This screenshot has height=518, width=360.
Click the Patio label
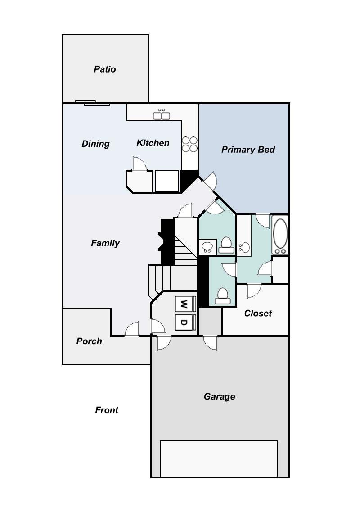(105, 69)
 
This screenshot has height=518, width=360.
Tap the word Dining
(95, 144)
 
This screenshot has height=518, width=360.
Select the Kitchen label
(153, 143)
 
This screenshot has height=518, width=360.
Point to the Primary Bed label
(248, 150)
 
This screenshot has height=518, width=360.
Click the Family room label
(105, 243)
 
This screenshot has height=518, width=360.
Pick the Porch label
(89, 341)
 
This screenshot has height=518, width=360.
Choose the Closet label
(258, 313)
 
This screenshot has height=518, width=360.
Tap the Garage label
(220, 396)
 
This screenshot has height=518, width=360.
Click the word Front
(107, 410)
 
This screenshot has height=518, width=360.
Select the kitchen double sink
(162, 115)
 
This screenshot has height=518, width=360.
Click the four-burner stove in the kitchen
(189, 144)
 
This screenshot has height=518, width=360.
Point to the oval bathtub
(280, 236)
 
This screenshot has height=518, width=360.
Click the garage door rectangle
(219, 458)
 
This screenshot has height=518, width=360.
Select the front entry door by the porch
(132, 330)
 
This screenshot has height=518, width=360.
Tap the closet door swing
(253, 290)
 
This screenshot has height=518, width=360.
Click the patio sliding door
(92, 103)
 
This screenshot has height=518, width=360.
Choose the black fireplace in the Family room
(167, 241)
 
